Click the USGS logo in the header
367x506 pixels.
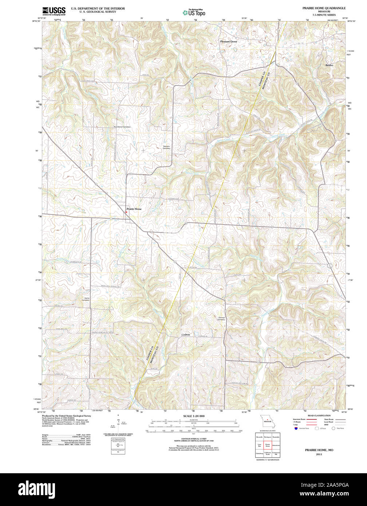coord(54,11)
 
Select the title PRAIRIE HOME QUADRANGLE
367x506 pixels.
coord(319,8)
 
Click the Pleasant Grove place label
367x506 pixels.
coord(228,42)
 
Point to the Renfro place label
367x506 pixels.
coord(329,65)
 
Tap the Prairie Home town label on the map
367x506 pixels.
coord(134,209)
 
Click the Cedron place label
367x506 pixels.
coord(186,335)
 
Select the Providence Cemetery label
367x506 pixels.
coord(122,127)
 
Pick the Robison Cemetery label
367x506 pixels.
coord(166,147)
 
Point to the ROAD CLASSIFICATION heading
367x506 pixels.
coord(319,415)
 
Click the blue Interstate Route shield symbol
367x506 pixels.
coord(296,428)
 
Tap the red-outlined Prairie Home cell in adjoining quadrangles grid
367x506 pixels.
coord(267,445)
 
